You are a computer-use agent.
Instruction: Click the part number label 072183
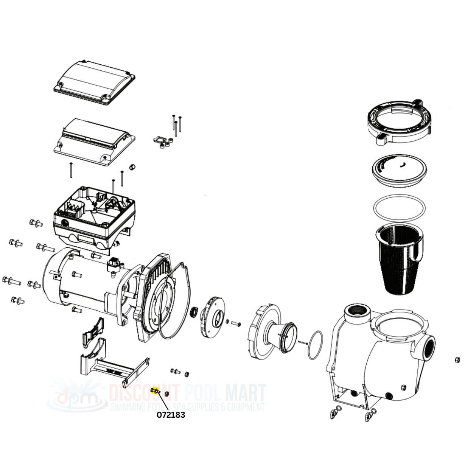tap(171, 415)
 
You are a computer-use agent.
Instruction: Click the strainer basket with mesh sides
tap(399, 262)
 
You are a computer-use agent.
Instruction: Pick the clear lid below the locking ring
tap(400, 172)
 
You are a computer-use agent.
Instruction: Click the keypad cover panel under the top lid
tap(94, 142)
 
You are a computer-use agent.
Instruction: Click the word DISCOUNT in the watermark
tap(145, 393)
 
